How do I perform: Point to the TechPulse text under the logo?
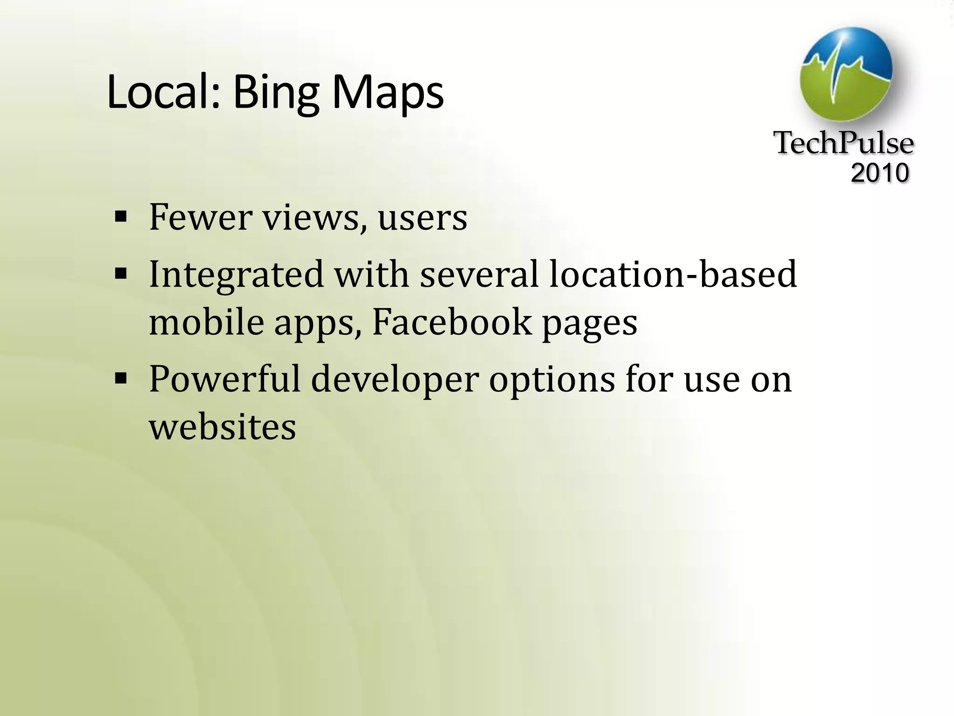[x=844, y=143]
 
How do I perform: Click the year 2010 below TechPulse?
[x=879, y=173]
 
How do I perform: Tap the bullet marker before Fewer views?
[x=121, y=217]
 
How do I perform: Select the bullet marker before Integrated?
[x=121, y=274]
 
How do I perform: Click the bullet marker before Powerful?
[x=121, y=379]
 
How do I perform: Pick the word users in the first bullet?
[x=422, y=218]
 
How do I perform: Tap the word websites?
[x=222, y=427]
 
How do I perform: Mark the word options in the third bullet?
[x=552, y=380]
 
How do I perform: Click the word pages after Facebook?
[x=589, y=324]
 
